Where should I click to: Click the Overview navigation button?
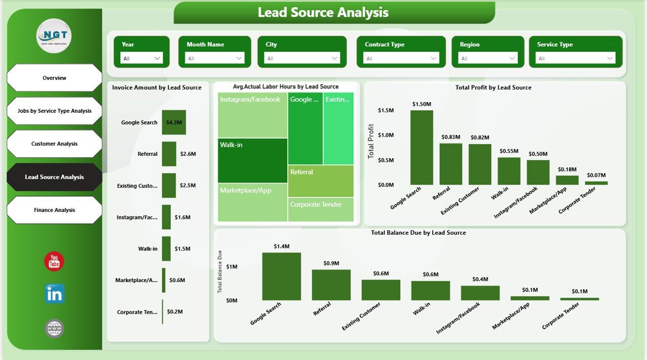[54, 78]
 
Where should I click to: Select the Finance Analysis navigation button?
[54, 210]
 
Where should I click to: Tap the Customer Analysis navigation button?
[54, 144]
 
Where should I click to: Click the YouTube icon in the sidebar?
[54, 261]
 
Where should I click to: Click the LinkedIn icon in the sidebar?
[54, 294]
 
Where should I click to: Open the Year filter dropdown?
[142, 59]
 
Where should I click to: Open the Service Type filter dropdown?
[575, 59]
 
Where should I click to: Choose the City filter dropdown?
[302, 59]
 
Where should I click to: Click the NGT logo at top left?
[54, 36]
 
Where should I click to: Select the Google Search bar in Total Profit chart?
[422, 147]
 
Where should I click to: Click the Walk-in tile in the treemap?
[252, 160]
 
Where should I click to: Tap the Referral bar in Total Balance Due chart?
[331, 285]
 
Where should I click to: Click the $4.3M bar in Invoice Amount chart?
[173, 122]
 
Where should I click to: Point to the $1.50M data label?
[422, 104]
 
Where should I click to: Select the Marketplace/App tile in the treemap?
[252, 202]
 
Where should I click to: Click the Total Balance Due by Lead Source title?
[418, 233]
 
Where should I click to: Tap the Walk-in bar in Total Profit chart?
[509, 171]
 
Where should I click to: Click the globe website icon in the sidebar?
[54, 328]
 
